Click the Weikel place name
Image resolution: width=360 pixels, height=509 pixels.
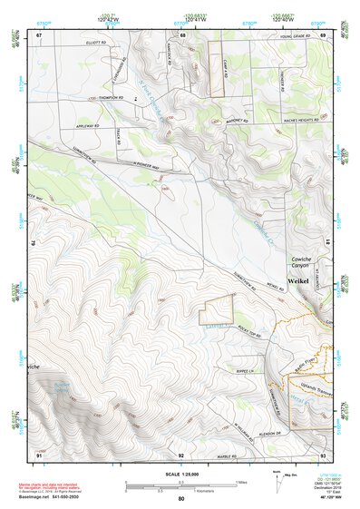[x=299, y=282]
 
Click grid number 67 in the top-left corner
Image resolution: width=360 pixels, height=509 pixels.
[x=40, y=34]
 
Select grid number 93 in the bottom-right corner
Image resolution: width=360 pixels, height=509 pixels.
[x=322, y=454]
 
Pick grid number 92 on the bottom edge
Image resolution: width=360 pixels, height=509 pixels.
[x=181, y=454]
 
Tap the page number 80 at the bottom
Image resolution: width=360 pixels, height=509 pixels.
[x=181, y=499]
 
